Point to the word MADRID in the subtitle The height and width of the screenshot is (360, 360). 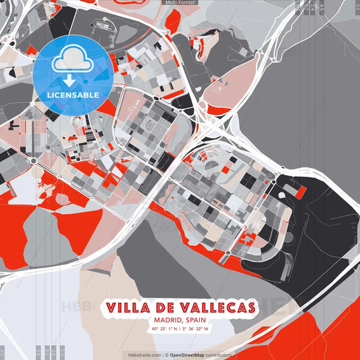165,320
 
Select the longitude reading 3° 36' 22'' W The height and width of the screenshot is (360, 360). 195,329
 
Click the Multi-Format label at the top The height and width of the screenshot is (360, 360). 180,3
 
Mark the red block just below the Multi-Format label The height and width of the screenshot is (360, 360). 173,21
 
